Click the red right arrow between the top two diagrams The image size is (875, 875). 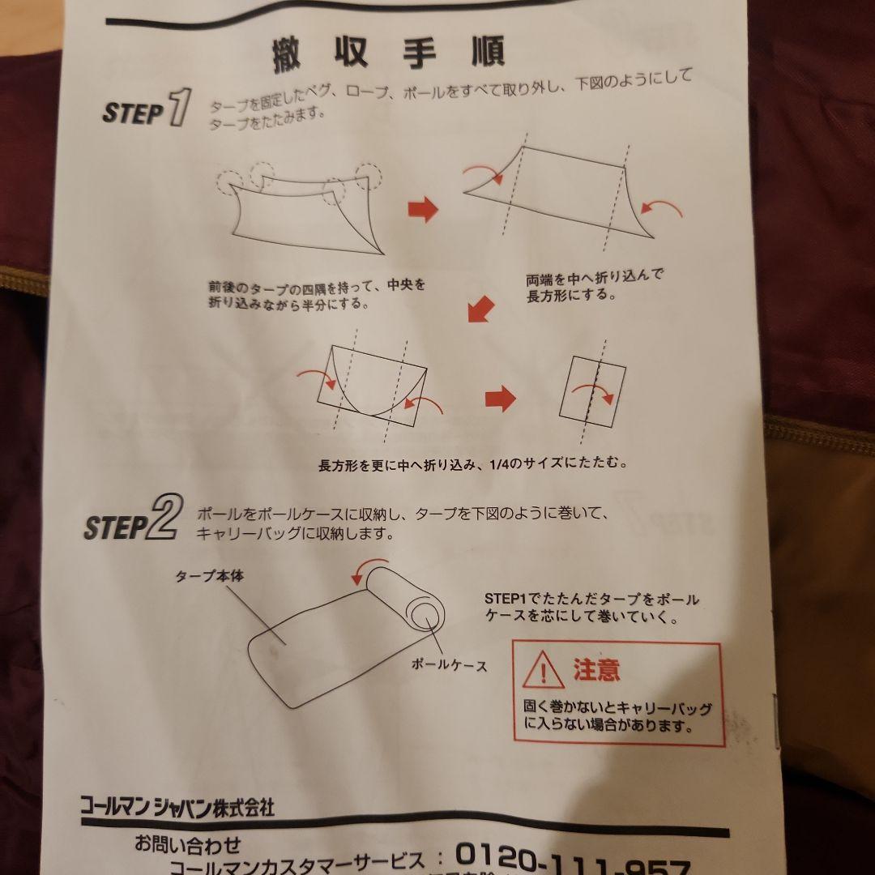pyautogui.click(x=422, y=211)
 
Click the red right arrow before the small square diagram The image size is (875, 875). pyautogui.click(x=500, y=398)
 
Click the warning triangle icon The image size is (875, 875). pyautogui.click(x=543, y=671)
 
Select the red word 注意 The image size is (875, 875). pyautogui.click(x=596, y=670)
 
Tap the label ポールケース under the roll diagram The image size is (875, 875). pyautogui.click(x=450, y=665)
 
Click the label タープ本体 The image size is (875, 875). pyautogui.click(x=210, y=577)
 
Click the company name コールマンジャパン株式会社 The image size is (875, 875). pyautogui.click(x=177, y=807)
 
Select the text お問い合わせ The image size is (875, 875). pyautogui.click(x=188, y=845)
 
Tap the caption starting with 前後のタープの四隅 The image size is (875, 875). pyautogui.click(x=316, y=295)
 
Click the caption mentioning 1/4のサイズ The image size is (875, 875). pyautogui.click(x=473, y=465)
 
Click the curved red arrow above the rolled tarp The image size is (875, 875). pyautogui.click(x=366, y=573)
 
